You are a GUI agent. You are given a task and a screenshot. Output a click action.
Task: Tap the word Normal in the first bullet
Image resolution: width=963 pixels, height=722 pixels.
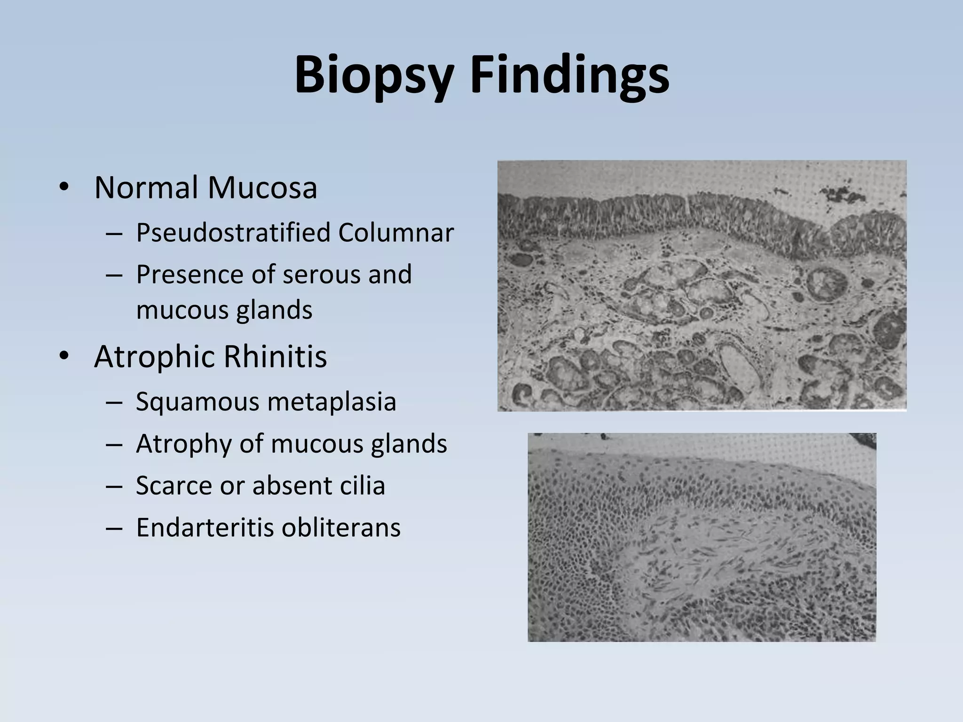(x=146, y=188)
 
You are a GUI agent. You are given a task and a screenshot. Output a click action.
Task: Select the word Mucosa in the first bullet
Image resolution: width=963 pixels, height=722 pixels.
(x=262, y=188)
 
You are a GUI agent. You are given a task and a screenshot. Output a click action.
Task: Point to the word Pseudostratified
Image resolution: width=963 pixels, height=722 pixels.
(x=233, y=233)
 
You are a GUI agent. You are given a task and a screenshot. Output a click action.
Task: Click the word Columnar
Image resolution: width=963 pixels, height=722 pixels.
(x=395, y=233)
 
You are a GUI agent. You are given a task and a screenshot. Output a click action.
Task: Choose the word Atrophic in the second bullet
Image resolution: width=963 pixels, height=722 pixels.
(x=155, y=357)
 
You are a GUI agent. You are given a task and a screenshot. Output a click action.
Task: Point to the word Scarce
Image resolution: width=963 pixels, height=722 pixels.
(x=174, y=486)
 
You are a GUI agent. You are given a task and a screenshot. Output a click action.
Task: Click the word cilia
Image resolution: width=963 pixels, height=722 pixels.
(x=362, y=486)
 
